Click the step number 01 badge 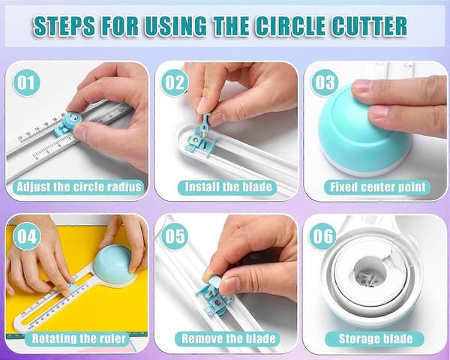pyautogui.click(x=26, y=82)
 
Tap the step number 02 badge pyautogui.click(x=175, y=82)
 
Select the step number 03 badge pyautogui.click(x=325, y=82)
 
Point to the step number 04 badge pyautogui.click(x=27, y=236)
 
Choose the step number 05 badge pyautogui.click(x=175, y=236)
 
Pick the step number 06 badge pyautogui.click(x=322, y=236)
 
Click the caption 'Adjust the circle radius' pyautogui.click(x=79, y=187)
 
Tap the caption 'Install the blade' pyautogui.click(x=228, y=187)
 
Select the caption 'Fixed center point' pyautogui.click(x=377, y=187)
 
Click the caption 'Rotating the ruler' pyautogui.click(x=78, y=338)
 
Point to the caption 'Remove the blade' pyautogui.click(x=228, y=338)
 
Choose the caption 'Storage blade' pyautogui.click(x=375, y=338)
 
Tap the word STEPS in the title pyautogui.click(x=64, y=25)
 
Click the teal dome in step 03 pyautogui.click(x=363, y=132)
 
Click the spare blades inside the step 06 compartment pyautogui.click(x=367, y=277)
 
